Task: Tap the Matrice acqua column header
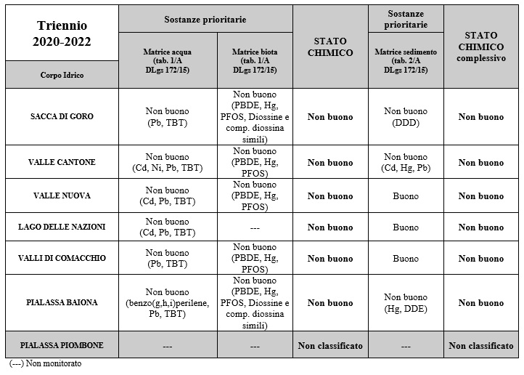click(x=168, y=60)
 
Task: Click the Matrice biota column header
click(x=255, y=60)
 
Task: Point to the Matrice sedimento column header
click(x=406, y=60)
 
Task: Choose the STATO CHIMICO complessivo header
click(x=480, y=47)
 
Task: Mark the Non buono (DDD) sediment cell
click(x=406, y=117)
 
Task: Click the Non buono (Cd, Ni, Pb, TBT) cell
click(x=168, y=162)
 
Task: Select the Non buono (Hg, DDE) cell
click(x=406, y=302)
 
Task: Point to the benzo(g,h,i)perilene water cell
click(x=168, y=302)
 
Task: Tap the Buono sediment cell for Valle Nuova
click(x=406, y=196)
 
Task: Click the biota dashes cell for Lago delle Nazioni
click(x=255, y=227)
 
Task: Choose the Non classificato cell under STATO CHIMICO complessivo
click(x=480, y=345)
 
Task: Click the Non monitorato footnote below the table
click(x=45, y=363)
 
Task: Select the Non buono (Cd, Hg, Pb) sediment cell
click(x=406, y=162)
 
